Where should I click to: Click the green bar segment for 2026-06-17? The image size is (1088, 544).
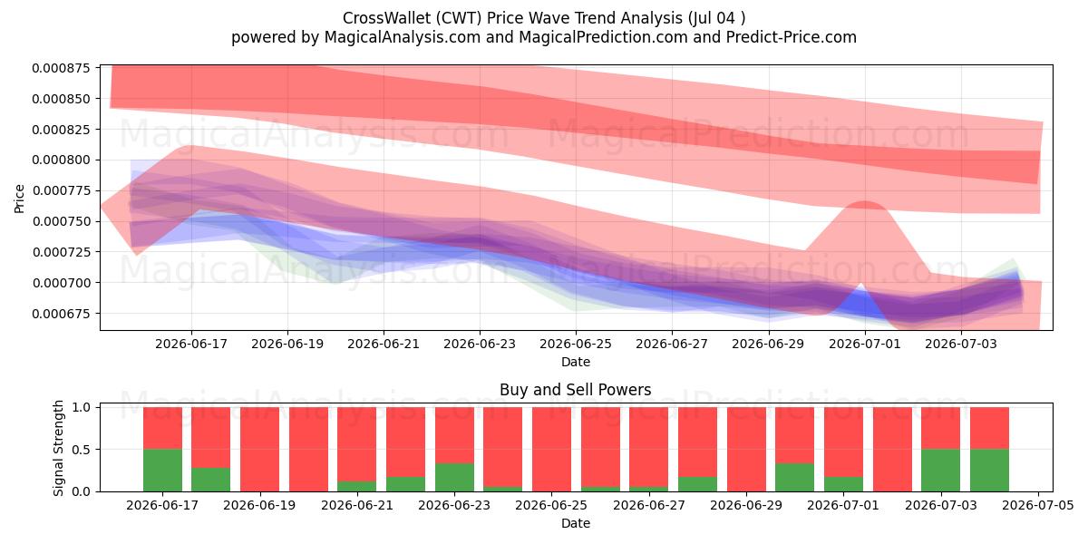[x=162, y=471]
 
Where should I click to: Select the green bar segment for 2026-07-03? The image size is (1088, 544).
[x=941, y=471]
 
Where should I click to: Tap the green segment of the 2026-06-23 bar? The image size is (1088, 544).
[x=454, y=478]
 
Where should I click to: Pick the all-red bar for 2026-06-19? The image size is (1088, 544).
[x=260, y=450]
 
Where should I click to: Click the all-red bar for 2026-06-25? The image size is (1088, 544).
[x=552, y=450]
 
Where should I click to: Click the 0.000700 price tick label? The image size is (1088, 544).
[x=62, y=283]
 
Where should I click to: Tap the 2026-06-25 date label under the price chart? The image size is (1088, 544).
[x=576, y=344]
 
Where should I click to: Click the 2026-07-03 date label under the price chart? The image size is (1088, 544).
[x=961, y=344]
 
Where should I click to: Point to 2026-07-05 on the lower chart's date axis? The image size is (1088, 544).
[x=1038, y=505]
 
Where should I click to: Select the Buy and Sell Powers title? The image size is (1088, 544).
[x=576, y=390]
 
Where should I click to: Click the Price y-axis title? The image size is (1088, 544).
[x=19, y=199]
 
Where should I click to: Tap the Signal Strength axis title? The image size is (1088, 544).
[x=58, y=448]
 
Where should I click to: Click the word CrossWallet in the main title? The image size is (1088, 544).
[x=386, y=18]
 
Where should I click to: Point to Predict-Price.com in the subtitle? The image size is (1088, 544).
[x=792, y=37]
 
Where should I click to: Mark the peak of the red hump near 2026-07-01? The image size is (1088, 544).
[x=865, y=201]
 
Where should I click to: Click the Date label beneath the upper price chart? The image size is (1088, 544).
[x=576, y=362]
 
